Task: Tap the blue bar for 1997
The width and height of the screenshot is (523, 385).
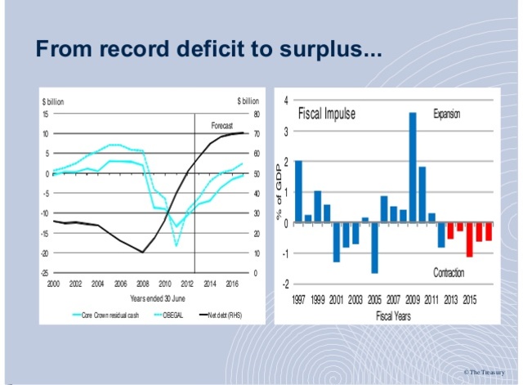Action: click(298, 191)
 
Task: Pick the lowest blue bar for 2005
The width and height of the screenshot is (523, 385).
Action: click(374, 248)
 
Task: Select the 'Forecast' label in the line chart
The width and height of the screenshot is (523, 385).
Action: click(222, 125)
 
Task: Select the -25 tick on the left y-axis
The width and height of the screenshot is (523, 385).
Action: click(46, 273)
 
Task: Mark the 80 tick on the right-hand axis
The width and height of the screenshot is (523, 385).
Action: click(256, 114)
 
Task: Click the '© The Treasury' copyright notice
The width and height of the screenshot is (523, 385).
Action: click(489, 372)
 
